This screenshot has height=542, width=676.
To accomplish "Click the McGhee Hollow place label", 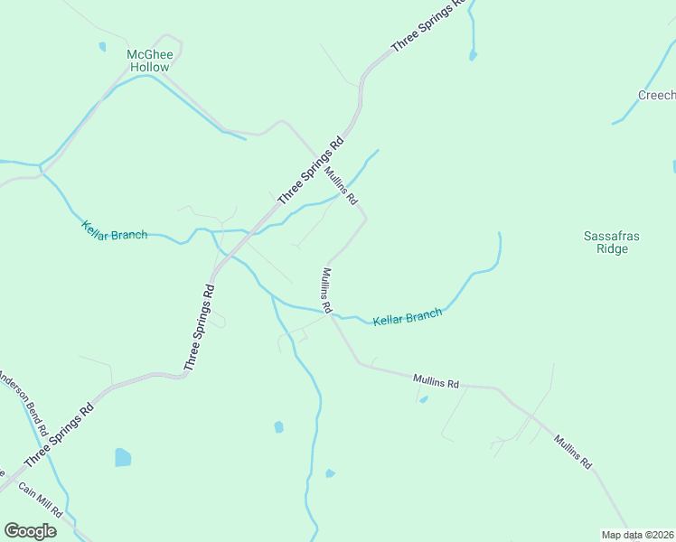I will click(148, 61).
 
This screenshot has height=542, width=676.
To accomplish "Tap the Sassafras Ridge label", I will click(612, 242).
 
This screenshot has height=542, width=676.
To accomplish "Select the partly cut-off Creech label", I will click(657, 96).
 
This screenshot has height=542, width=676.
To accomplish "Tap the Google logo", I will click(30, 531).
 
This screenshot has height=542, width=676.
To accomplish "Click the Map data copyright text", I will click(638, 535).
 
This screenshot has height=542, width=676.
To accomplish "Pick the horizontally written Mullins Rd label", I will click(437, 382).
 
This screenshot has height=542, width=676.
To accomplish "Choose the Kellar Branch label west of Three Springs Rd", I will click(114, 230).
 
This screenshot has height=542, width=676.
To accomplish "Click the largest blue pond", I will click(123, 457).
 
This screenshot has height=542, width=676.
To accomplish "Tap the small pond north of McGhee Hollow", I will click(102, 46).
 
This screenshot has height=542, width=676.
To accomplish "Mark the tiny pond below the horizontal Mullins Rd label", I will click(424, 399).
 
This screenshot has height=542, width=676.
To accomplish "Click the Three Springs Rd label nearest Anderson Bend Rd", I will click(60, 435).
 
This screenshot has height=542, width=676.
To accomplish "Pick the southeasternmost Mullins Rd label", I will click(573, 452).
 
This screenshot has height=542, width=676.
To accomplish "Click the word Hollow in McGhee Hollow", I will click(149, 67).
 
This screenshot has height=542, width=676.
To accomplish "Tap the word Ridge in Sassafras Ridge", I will click(612, 248).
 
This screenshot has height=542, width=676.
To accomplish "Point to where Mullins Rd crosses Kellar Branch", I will click(333, 315).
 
